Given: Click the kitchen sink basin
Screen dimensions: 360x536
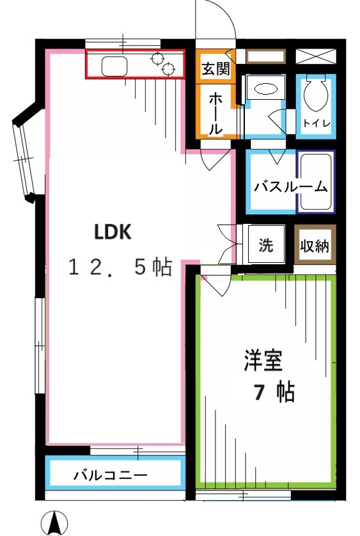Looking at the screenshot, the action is pos(114,66).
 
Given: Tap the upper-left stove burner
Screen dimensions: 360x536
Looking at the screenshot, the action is pos(157,58).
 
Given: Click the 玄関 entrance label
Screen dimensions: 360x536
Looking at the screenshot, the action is pos(215,69).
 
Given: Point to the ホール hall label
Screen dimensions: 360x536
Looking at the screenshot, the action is pos(215,113).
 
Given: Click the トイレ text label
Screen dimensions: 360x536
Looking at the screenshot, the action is pos(317,123).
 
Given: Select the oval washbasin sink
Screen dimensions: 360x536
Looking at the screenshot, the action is pos(266,89).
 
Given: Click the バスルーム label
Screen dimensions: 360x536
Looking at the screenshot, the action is pos(290,187).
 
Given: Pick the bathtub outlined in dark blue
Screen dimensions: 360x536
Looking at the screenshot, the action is pos(315,182).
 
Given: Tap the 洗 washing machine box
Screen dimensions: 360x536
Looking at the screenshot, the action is pos(267,244).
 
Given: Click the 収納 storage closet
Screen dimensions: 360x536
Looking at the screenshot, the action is pos(315,244).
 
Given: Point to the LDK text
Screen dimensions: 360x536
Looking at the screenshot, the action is pos(113,232).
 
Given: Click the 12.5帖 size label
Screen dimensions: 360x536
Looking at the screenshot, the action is pos(120,267).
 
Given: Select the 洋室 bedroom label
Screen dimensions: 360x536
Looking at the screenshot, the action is pos(263,360).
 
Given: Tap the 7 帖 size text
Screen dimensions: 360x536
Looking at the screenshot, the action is pos(274,392).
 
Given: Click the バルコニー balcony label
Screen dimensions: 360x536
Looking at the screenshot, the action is pos(111,475).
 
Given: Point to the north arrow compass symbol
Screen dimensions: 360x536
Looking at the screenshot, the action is pos(54,523).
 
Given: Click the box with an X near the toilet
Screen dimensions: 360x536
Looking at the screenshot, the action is pos(315,56).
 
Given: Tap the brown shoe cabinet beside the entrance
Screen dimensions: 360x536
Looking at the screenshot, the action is pos(265,56).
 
